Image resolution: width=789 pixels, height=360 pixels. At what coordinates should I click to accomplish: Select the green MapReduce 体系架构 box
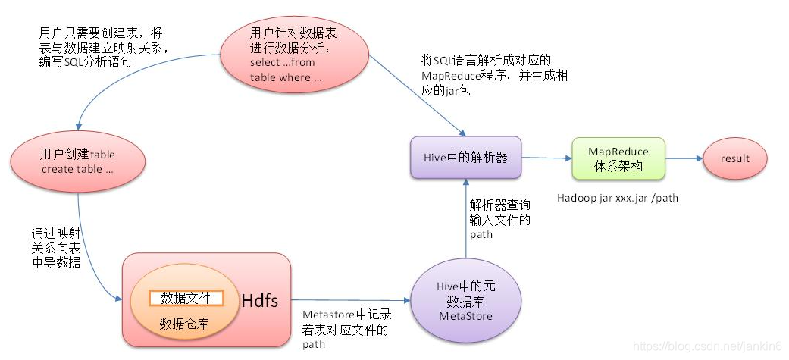(618, 158)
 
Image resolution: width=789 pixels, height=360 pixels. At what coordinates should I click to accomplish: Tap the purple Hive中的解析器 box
(465, 158)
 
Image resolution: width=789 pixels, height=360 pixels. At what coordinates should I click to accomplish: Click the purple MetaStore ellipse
(465, 301)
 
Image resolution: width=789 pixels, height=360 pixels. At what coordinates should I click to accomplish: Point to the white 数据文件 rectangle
(186, 298)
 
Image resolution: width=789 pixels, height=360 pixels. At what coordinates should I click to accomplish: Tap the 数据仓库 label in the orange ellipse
(184, 324)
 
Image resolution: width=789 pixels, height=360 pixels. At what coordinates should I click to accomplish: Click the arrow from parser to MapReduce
(546, 158)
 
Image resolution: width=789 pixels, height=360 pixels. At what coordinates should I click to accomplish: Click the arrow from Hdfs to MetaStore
(349, 300)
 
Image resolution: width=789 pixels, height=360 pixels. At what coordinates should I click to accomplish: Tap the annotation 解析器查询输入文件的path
(500, 220)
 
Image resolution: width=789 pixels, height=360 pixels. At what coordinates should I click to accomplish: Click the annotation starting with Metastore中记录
(346, 329)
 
